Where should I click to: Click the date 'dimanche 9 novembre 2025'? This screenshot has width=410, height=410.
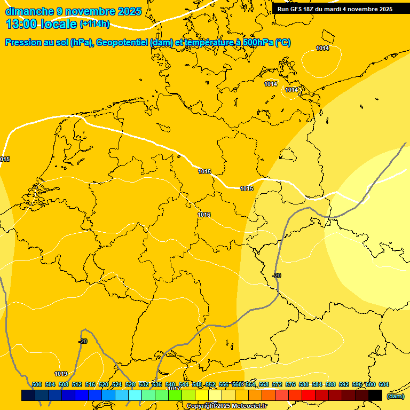[73, 11]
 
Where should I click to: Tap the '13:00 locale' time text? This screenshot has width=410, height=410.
[41, 23]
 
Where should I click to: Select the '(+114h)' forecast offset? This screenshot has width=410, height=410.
[94, 24]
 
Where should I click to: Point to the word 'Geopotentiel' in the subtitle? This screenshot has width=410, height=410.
[122, 43]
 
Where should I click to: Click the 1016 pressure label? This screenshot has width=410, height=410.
[204, 215]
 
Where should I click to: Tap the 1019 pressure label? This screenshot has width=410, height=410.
[61, 374]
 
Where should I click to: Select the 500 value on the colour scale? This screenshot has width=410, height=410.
[37, 384]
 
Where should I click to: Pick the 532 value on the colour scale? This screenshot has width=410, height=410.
[144, 384]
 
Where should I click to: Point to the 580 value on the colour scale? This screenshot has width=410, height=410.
[304, 384]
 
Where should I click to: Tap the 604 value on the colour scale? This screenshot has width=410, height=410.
[384, 384]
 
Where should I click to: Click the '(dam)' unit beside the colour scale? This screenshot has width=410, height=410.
[395, 396]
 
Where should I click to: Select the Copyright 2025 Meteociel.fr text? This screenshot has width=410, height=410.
[227, 406]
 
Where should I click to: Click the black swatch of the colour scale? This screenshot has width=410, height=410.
[375, 396]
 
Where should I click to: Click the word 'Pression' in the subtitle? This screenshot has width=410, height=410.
[23, 43]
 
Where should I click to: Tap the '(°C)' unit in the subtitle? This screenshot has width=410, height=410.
[283, 43]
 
